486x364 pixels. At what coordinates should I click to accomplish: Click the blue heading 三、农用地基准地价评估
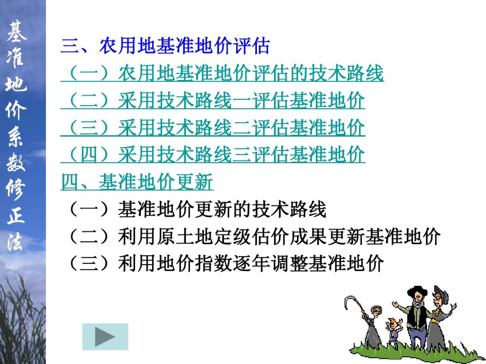pos(165,46)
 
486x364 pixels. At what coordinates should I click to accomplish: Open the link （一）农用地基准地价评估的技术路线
pos(222,73)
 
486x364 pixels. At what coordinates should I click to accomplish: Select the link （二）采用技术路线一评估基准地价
pos(213,100)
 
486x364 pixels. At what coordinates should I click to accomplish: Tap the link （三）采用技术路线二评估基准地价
pos(213,127)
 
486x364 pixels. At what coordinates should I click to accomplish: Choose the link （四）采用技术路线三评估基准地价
pos(213,154)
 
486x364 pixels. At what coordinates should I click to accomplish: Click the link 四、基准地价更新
pos(137,181)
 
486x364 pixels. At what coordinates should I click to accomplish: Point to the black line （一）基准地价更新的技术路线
pos(197,209)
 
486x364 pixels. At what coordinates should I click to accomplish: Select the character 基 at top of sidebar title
pos(16,32)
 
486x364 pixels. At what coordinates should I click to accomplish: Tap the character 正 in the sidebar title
pos(16,215)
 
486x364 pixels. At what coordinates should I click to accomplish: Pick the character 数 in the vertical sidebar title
pos(16,163)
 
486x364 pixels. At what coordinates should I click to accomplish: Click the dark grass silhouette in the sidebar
pos(22,321)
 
